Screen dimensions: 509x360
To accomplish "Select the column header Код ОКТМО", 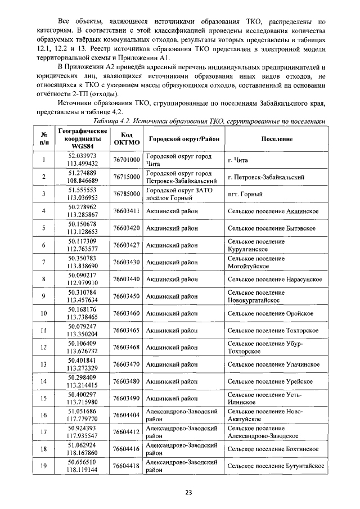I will point(126,139).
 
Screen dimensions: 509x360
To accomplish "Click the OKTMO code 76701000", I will point(126,160).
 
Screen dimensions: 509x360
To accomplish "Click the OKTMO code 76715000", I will point(126,177).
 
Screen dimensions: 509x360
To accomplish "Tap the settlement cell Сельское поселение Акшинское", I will point(273,211).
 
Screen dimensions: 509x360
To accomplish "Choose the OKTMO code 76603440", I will point(126,279).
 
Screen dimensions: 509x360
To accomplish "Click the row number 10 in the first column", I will point(43,313).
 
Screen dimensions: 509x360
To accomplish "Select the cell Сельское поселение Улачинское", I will point(274,364).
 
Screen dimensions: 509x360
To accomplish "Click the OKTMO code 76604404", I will point(126,415).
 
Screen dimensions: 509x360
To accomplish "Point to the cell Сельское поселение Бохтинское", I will point(273,449).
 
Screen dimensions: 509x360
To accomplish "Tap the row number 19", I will point(43,466).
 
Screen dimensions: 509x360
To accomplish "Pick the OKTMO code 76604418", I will point(126,466).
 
